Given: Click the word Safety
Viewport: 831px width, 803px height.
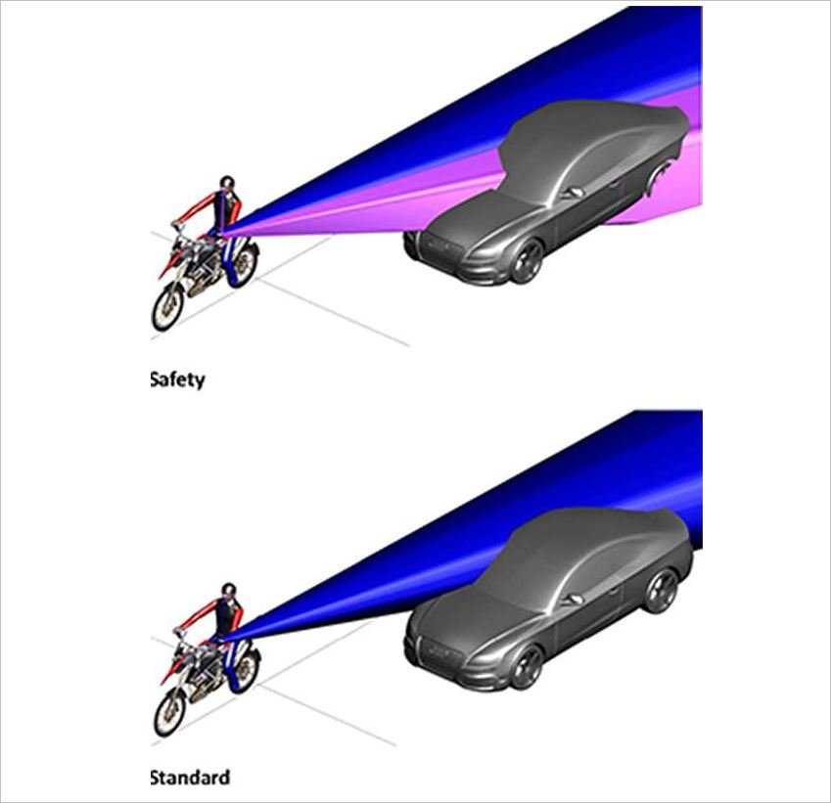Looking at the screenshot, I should point(177,379).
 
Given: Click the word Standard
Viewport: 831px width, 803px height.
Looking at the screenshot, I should point(190,779).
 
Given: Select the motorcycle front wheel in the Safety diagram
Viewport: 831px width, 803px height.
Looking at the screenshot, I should point(168,307).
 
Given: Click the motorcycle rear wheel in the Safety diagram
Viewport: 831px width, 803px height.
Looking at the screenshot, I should point(244,263).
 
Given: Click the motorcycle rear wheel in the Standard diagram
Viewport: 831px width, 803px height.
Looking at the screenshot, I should point(247,668).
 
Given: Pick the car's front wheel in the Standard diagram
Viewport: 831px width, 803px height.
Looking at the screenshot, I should point(529,666).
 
